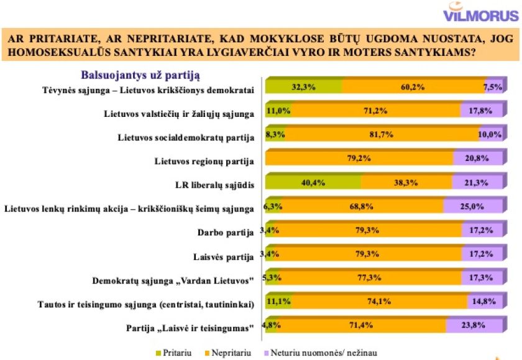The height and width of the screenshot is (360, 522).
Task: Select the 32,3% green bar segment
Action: [x=304, y=87]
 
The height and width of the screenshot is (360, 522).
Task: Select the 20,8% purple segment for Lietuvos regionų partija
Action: [x=477, y=159]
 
